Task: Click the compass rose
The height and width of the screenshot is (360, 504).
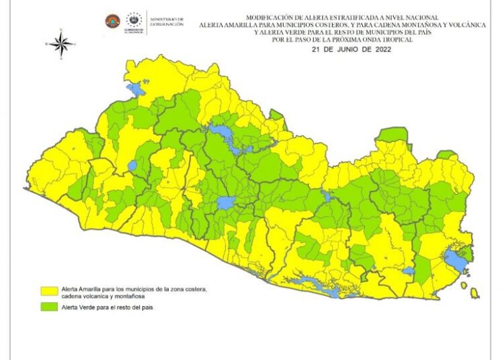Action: (x=61, y=44)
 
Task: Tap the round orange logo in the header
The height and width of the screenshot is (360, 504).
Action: (x=112, y=21)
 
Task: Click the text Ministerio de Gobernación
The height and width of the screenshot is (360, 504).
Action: (x=166, y=21)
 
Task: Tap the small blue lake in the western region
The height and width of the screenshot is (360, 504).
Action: (x=132, y=165)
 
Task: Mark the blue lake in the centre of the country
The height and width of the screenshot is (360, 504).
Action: (x=226, y=202)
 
